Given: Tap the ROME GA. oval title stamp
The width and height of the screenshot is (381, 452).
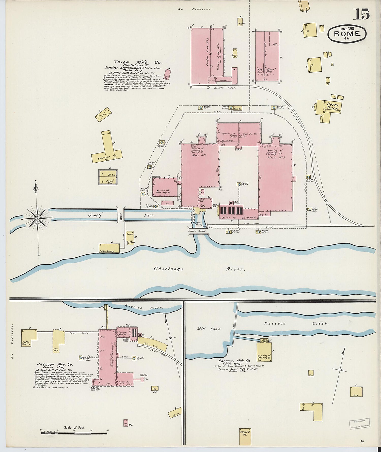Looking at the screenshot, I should pyautogui.click(x=347, y=34).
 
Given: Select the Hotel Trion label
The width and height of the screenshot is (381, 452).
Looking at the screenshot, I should pyautogui.click(x=332, y=106).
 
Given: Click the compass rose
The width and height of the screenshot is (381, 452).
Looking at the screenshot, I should pyautogui.click(x=37, y=218).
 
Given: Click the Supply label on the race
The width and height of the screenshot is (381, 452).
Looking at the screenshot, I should pyautogui.click(x=95, y=215).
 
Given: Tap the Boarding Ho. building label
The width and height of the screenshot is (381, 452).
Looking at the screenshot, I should pyautogui.click(x=107, y=158).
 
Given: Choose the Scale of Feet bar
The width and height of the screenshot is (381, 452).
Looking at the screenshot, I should pyautogui.click(x=74, y=432).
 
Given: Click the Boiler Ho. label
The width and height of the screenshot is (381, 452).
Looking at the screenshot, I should pyautogui.click(x=226, y=218).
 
